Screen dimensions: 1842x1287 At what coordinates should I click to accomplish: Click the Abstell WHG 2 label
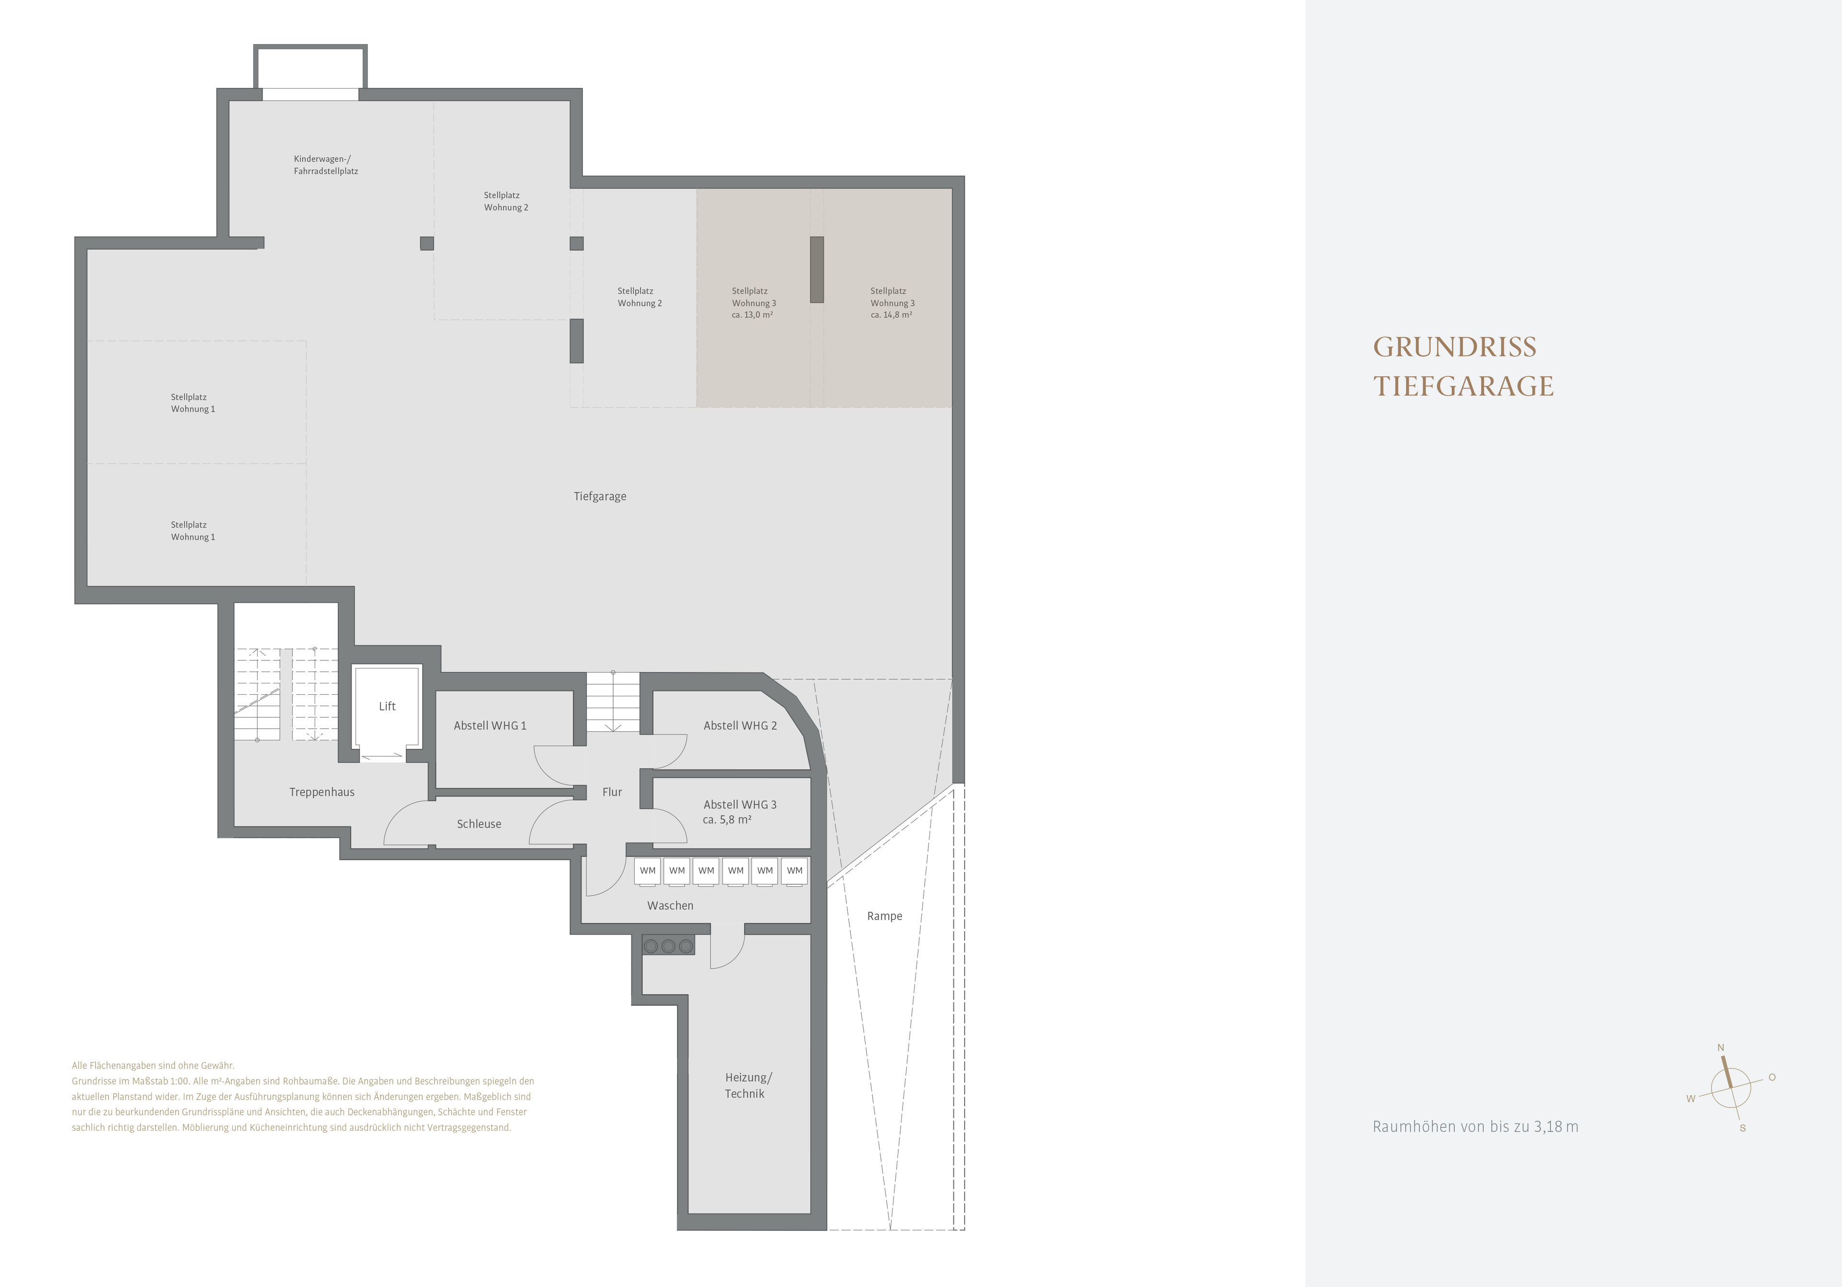point(740,725)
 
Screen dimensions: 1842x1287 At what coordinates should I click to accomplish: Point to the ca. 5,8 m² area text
point(727,819)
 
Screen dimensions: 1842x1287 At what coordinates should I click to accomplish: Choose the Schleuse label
point(479,823)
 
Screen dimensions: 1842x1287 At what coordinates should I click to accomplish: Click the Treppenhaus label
point(321,792)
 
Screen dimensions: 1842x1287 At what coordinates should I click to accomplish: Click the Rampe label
point(884,916)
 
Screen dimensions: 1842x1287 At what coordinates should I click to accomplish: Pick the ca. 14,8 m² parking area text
point(891,315)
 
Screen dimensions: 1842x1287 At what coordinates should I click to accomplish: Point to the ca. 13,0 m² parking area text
point(752,315)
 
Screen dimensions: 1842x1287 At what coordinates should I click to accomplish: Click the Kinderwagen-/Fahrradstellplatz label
point(326,165)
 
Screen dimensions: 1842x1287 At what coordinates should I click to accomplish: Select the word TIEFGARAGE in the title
point(1463,386)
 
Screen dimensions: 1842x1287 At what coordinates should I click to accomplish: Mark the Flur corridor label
point(612,792)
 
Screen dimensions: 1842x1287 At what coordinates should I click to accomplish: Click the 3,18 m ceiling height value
point(1557,1127)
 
